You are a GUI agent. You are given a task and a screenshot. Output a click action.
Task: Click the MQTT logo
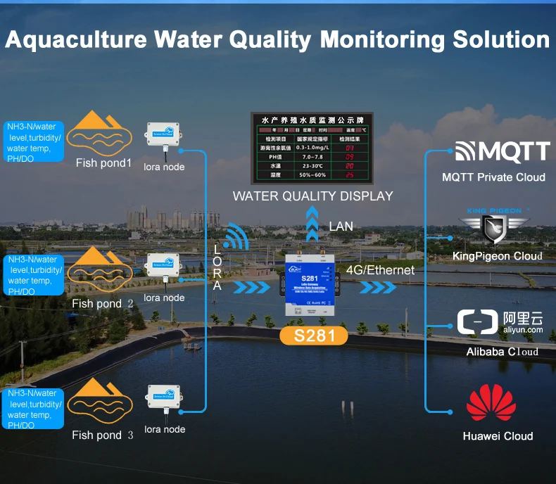pos(502,151)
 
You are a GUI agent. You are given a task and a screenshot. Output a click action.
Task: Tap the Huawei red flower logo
pos(491,405)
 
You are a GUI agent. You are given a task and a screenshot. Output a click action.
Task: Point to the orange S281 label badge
pos(313,335)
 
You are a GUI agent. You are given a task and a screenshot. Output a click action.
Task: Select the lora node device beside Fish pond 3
pos(165,402)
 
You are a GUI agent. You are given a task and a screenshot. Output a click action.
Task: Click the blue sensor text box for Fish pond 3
pos(33,409)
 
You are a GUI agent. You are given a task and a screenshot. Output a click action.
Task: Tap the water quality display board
pos(312,148)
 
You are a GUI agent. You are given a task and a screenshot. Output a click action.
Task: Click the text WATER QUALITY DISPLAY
pos(312,196)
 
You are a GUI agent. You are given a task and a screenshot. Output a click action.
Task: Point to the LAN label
pos(341,226)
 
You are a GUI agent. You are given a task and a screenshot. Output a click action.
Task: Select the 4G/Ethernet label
pos(381,270)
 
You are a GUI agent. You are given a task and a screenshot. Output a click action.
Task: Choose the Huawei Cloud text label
pos(498,436)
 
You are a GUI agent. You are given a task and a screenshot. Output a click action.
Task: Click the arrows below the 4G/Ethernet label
pos(378,288)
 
